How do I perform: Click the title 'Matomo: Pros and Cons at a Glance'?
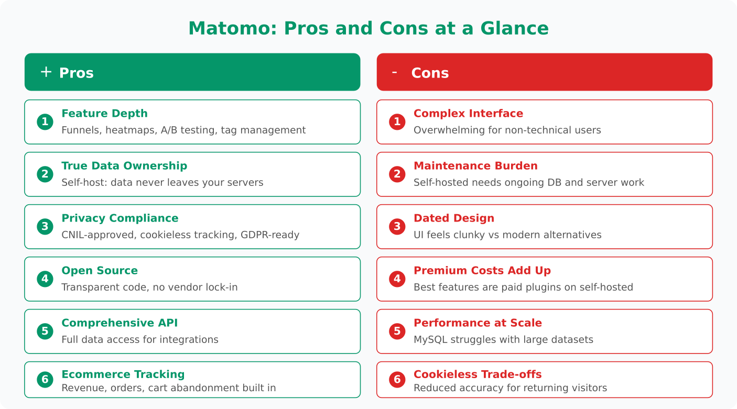click(369, 28)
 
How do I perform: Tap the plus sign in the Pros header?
click(46, 72)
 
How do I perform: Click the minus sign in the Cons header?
click(394, 72)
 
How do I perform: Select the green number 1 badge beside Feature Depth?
click(45, 122)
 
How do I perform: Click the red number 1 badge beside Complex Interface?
click(397, 122)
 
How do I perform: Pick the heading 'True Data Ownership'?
click(124, 166)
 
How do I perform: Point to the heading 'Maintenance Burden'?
click(475, 166)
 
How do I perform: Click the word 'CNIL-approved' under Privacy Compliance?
click(98, 235)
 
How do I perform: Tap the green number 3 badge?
click(45, 227)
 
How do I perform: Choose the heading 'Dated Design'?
click(454, 218)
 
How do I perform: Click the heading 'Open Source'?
click(100, 271)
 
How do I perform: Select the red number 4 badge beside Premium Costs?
click(397, 279)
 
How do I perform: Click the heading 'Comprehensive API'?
click(120, 323)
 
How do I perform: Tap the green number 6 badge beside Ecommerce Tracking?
click(45, 380)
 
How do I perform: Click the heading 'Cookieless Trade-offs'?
click(478, 374)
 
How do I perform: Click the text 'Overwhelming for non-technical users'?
click(507, 130)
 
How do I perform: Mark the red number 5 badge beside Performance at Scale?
click(397, 331)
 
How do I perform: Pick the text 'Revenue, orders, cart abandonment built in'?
click(168, 388)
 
